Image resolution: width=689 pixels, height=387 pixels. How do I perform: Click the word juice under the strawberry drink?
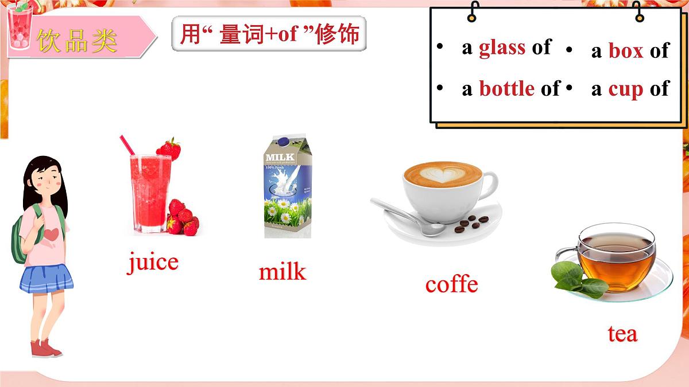point(153,263)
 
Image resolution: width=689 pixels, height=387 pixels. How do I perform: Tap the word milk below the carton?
point(282,271)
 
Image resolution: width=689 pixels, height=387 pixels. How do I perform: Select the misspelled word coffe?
point(451,284)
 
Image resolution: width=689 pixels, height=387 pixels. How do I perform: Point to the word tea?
point(622,334)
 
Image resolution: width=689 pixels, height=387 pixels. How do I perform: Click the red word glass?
point(501,48)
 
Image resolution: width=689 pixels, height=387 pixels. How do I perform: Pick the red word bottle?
point(507,88)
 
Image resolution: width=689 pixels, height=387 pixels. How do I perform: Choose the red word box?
point(626,50)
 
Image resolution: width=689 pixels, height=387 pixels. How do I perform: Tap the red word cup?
point(626,89)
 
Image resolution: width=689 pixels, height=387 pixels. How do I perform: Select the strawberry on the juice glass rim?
point(169,148)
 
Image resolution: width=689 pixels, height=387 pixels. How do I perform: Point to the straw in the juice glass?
point(127,144)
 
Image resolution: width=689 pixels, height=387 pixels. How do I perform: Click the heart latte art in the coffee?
point(442,173)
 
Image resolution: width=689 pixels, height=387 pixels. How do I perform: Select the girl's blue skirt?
point(47,278)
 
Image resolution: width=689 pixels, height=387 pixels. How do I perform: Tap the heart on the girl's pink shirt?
point(52,234)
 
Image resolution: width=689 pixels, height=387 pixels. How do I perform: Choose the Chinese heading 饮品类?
point(77,39)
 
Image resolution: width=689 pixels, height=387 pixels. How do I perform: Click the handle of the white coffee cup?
point(489,185)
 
